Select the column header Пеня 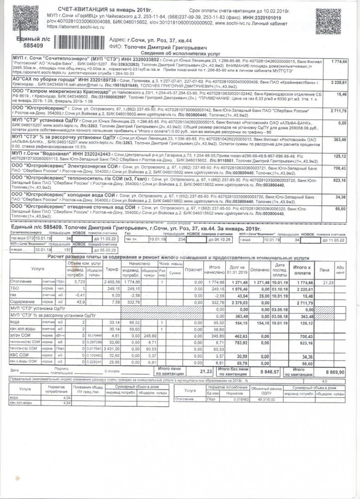click(x=325, y=269)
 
